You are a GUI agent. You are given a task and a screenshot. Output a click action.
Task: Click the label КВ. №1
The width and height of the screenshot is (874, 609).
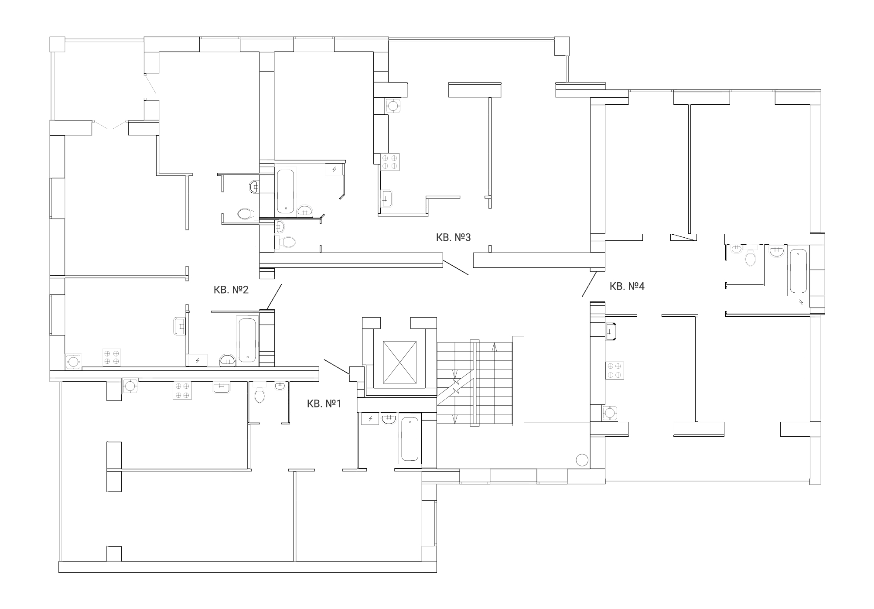pos(324,404)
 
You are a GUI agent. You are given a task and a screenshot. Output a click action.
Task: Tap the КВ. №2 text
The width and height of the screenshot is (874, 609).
pos(231,290)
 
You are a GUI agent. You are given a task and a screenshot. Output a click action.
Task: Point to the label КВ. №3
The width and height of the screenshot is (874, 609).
pos(454,237)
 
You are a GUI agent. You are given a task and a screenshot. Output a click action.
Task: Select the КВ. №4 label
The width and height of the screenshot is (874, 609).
pos(627,286)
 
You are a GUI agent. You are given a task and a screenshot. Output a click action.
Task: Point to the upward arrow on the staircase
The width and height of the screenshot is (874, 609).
pos(494,348)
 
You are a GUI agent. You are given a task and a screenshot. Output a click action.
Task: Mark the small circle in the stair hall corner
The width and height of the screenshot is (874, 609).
pos(582,460)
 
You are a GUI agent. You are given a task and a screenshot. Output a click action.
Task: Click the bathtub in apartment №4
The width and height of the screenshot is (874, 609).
pos(798,271)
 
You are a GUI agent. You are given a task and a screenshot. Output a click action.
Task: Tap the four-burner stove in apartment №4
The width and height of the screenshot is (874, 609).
pos(614,370)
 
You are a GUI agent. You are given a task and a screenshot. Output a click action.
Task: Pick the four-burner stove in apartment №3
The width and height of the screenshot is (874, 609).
pos(390,162)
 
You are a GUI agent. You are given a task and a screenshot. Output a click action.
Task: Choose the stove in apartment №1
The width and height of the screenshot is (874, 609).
pos(182,390)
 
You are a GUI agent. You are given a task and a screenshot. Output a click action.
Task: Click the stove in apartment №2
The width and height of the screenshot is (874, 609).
pos(112,357)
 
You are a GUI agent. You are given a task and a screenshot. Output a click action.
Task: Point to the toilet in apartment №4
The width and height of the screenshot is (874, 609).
pos(750,257)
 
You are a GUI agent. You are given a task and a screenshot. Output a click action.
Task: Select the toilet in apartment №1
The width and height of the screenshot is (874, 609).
pos(259,395)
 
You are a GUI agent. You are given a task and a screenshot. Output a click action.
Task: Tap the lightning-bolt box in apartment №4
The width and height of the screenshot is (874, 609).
pos(801,301)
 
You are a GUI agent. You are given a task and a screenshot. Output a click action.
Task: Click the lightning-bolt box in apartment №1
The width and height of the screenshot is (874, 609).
pos(370,419)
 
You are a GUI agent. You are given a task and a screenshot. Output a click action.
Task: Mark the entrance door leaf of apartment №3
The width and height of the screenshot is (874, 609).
pos(455,267)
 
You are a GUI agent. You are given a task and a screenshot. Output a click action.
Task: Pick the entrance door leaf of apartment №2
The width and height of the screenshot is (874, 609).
pos(274,297)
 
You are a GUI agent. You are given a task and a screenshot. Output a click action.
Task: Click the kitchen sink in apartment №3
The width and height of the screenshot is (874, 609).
pos(387,198)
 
